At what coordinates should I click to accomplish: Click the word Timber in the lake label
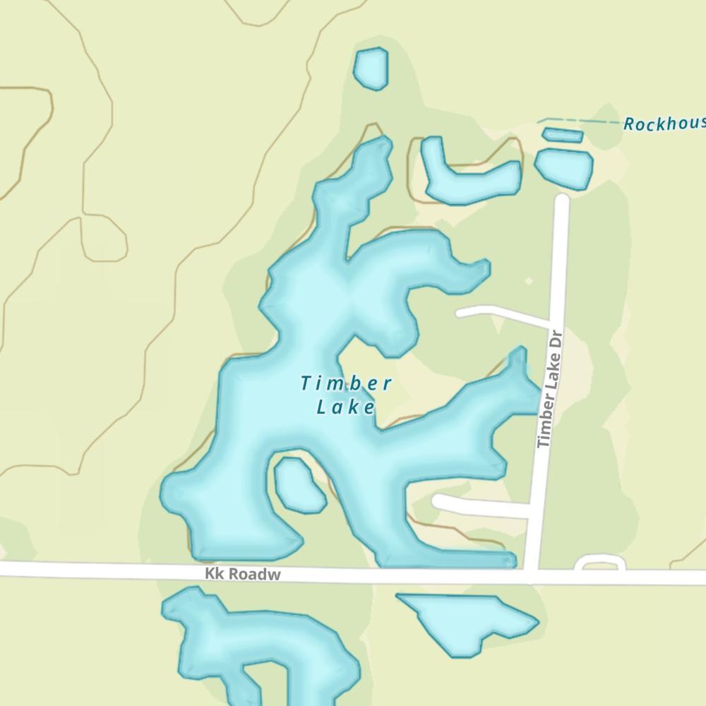click(x=346, y=384)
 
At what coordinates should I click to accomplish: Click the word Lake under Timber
click(x=345, y=407)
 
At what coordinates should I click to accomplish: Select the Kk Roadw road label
click(x=243, y=575)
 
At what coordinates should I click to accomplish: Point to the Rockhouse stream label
click(x=664, y=124)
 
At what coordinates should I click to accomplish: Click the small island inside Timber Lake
click(x=298, y=484)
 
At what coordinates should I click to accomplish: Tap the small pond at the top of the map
click(x=371, y=68)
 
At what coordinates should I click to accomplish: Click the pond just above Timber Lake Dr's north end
click(x=563, y=167)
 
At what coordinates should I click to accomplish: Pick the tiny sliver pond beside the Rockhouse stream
click(x=563, y=135)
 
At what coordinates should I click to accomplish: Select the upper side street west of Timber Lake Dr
click(x=501, y=314)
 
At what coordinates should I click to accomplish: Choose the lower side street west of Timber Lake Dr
click(x=480, y=505)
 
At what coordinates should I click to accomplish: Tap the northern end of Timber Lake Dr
click(x=562, y=201)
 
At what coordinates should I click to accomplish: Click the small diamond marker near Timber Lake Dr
click(x=529, y=281)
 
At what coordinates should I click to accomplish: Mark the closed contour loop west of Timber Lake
click(x=104, y=239)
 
